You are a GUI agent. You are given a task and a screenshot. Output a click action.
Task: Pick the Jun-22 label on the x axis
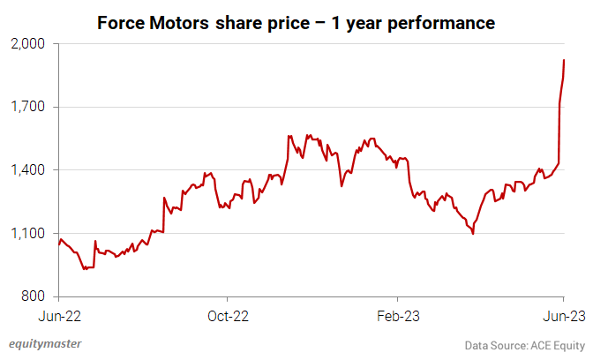58,315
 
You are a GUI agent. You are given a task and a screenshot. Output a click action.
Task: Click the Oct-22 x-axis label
228,315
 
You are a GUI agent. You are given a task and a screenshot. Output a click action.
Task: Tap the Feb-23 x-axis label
396,315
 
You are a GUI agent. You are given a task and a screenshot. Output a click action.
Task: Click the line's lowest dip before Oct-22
84,268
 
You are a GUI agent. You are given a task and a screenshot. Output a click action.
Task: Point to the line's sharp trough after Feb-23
474,234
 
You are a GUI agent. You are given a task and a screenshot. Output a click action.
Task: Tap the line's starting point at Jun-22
58,244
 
